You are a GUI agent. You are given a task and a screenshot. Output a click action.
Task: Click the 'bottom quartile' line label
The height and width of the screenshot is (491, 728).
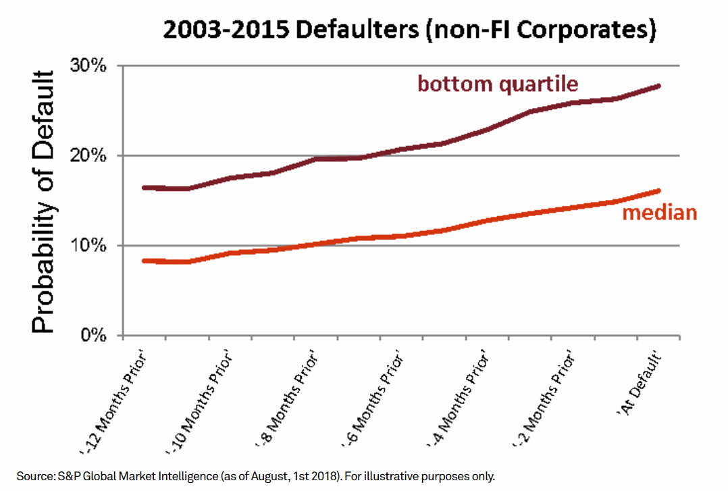click(498, 84)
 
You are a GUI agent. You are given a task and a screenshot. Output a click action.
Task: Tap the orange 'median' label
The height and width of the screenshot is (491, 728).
click(658, 213)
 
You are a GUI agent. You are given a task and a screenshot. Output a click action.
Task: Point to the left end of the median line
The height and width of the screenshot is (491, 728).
click(143, 261)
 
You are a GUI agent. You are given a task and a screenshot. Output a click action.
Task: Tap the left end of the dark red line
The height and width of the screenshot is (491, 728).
click(143, 187)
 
